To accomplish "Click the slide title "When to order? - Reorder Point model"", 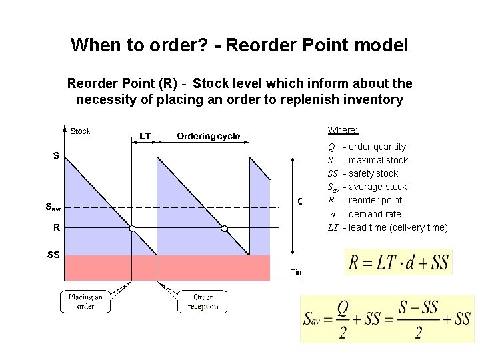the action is click(239, 45).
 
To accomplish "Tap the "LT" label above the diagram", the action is click(145, 136).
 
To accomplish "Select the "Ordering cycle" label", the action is click(208, 136).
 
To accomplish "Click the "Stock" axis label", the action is click(80, 131).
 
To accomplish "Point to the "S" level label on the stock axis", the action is click(56, 156).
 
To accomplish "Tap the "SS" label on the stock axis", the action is click(53, 255).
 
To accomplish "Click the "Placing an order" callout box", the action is click(85, 301).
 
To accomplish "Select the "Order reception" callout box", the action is click(203, 301).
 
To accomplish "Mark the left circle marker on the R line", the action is click(132, 229).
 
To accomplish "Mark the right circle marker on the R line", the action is click(224, 229).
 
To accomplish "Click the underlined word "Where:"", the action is click(343, 130).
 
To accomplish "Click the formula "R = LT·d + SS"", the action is click(399, 262).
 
